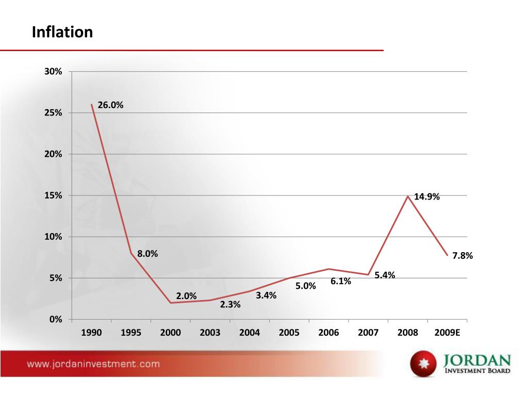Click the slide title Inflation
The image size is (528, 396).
(62, 32)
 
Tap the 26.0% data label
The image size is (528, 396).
(110, 105)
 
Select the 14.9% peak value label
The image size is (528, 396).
(427, 196)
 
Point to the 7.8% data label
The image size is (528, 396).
(463, 256)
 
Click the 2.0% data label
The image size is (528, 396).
(186, 296)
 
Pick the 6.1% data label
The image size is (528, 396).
(341, 281)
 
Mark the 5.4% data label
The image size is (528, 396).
(385, 275)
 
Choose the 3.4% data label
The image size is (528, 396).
(266, 295)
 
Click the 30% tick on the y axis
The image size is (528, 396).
(53, 72)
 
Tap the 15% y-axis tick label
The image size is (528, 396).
(53, 195)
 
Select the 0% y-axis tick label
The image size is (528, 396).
(55, 320)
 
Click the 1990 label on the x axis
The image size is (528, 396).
(91, 333)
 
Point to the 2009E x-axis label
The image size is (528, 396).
(447, 333)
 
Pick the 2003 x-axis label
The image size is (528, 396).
(210, 333)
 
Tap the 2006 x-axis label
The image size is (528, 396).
(328, 333)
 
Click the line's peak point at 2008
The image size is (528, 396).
(408, 196)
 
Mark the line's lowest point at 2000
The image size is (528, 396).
(171, 303)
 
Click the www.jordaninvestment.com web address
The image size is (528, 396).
(93, 364)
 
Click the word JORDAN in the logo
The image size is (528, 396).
(476, 359)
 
